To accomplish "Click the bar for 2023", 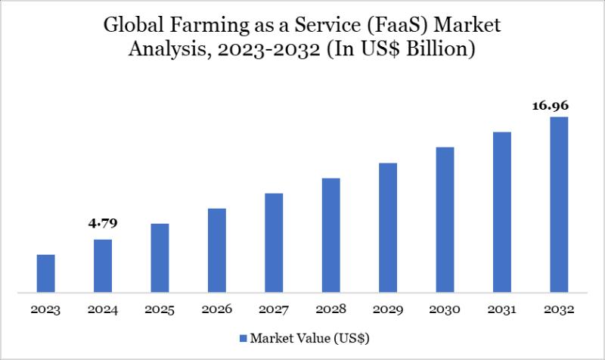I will (45, 273).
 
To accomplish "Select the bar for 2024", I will (103, 265).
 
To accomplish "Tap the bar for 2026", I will (217, 250).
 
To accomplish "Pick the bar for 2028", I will (330, 234).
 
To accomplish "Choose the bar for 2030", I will (445, 219).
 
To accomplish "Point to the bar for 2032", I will (559, 204).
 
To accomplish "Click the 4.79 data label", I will (103, 224).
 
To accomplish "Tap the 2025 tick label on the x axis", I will (160, 309).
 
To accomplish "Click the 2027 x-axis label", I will (274, 309).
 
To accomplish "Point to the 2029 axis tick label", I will (388, 309).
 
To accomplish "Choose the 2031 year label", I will (502, 309).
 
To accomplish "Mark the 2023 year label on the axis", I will (45, 309).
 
